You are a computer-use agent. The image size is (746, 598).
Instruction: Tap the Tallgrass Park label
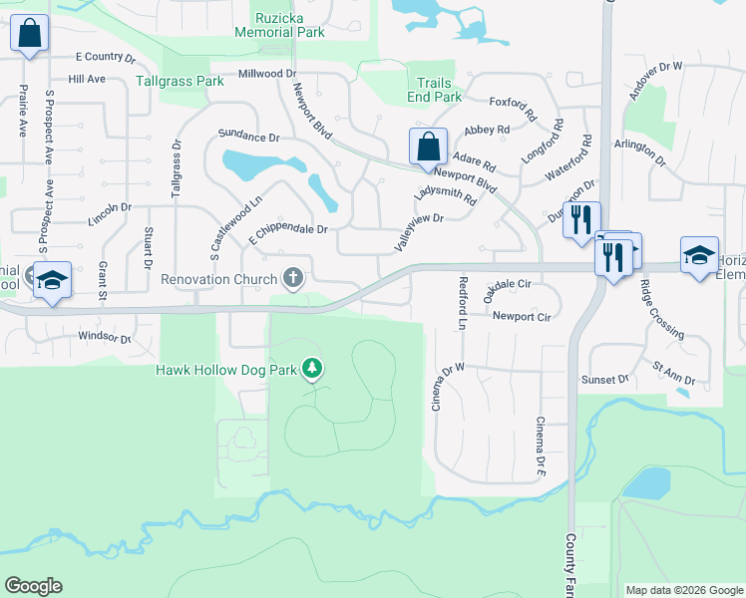[x=180, y=81]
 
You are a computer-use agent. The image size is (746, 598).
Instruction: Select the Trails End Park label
[x=434, y=91]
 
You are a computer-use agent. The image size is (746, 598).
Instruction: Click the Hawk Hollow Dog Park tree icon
[x=312, y=370]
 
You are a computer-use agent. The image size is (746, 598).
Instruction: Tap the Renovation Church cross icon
[x=293, y=278]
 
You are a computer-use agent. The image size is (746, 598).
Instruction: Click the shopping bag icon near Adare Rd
[x=428, y=147]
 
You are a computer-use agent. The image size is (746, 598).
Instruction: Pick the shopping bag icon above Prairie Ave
[x=30, y=34]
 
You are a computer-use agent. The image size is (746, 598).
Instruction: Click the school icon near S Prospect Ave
[x=51, y=280]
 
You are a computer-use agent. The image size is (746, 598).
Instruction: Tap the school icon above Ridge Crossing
[x=700, y=254]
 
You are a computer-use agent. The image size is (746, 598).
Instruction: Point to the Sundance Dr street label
[x=248, y=136]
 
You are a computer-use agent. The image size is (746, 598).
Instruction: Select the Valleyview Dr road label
[x=418, y=231]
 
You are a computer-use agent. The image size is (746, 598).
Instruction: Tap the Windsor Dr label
[x=105, y=339]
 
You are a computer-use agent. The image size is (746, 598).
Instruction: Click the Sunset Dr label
[x=606, y=380]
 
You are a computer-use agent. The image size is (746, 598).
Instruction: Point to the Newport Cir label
[x=522, y=316]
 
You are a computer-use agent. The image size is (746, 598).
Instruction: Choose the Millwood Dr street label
[x=267, y=74]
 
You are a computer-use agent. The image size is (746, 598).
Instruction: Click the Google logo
[x=33, y=586]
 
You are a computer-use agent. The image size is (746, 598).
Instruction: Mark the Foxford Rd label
[x=514, y=102]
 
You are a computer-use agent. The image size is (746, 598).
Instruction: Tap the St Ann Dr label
[x=674, y=375]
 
